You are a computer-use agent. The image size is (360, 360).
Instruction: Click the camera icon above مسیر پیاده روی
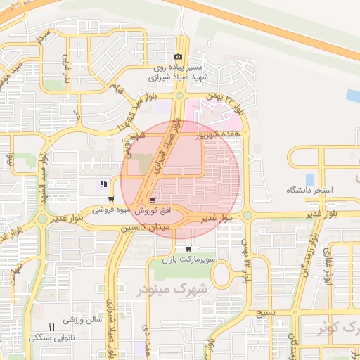point(179,57)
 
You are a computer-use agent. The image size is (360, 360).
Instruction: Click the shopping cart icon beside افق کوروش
point(153,201)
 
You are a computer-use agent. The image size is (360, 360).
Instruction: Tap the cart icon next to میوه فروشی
point(112,199)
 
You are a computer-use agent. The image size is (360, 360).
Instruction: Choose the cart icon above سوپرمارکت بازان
point(188,249)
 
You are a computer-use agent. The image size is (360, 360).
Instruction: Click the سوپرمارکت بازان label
point(187,261)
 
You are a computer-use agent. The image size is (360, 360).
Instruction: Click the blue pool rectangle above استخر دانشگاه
point(310,179)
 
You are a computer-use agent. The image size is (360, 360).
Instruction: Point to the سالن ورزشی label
point(83,320)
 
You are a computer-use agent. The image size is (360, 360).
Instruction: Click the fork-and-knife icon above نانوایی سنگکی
point(51,327)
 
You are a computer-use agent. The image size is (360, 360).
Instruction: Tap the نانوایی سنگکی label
point(50,338)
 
